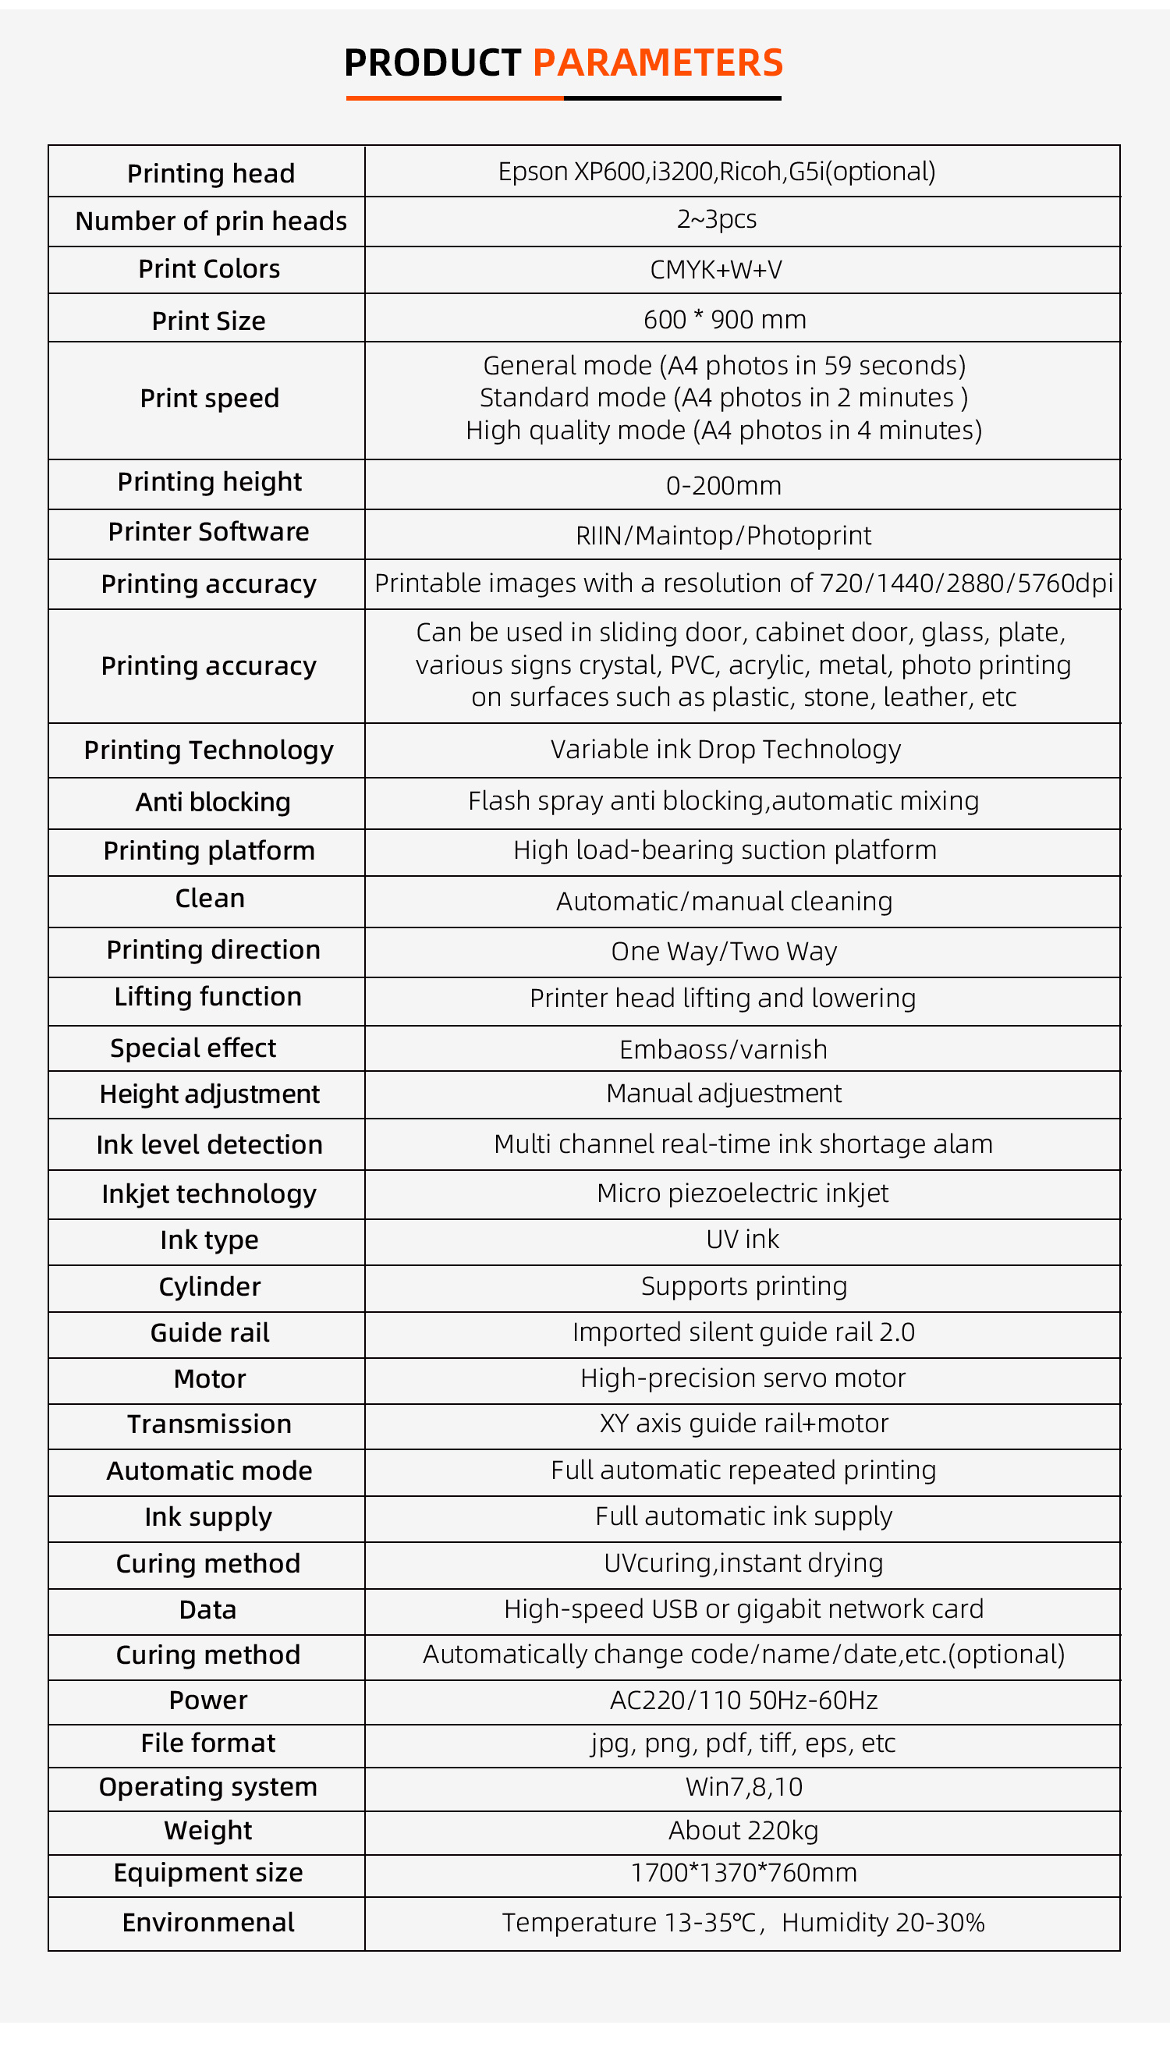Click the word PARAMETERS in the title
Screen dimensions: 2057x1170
pos(658,62)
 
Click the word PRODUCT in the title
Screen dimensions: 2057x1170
pos(432,62)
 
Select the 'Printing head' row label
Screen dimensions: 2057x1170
pos(211,173)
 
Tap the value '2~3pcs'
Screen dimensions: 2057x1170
pos(716,219)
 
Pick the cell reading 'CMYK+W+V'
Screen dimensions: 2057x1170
pos(716,269)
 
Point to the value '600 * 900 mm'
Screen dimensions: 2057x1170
pos(724,320)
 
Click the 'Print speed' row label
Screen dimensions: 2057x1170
pos(209,399)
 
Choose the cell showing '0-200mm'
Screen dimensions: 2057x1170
pos(723,485)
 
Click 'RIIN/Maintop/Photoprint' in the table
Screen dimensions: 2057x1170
pos(723,535)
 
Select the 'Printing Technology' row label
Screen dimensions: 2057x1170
pos(209,750)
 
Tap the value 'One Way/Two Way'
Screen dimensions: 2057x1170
pos(723,952)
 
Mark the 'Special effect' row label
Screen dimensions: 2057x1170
pos(193,1048)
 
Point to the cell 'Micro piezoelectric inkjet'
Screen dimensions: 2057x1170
pos(743,1193)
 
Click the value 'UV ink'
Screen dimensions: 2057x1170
pos(743,1240)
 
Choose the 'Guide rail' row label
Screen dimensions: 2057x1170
pos(210,1333)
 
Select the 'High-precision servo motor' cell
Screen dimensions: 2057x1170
pos(743,1379)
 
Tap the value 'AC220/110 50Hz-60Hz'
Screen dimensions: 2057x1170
pos(743,1701)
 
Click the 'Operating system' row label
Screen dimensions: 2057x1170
pos(208,1787)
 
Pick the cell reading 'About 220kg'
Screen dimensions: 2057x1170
pos(743,1831)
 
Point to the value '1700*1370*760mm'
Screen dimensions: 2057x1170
pos(743,1873)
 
